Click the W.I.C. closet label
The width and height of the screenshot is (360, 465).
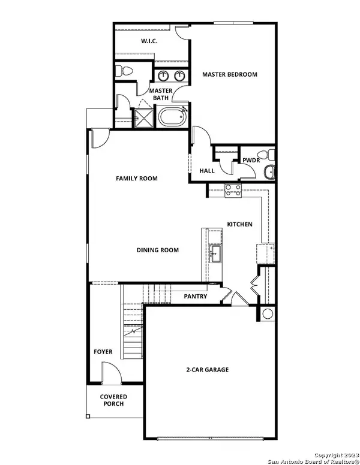[149, 41]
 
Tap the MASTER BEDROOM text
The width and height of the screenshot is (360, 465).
[229, 75]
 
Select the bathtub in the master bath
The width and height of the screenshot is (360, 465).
[172, 116]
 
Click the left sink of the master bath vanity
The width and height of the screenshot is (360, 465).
[163, 76]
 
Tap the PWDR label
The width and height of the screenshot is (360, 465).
[250, 161]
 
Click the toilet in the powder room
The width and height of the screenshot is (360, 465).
[271, 155]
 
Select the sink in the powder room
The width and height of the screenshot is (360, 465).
[269, 173]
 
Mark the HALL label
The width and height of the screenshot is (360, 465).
[207, 171]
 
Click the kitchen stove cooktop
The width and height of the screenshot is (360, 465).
[233, 191]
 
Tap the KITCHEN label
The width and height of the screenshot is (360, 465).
[239, 225]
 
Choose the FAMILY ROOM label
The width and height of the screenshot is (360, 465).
[137, 179]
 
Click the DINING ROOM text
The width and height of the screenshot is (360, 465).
[158, 250]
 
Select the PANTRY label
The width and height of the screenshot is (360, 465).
[196, 297]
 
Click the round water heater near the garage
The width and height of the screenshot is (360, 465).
[268, 313]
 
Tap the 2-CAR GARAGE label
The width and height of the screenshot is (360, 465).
[208, 370]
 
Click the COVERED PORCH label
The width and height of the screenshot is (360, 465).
[113, 400]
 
